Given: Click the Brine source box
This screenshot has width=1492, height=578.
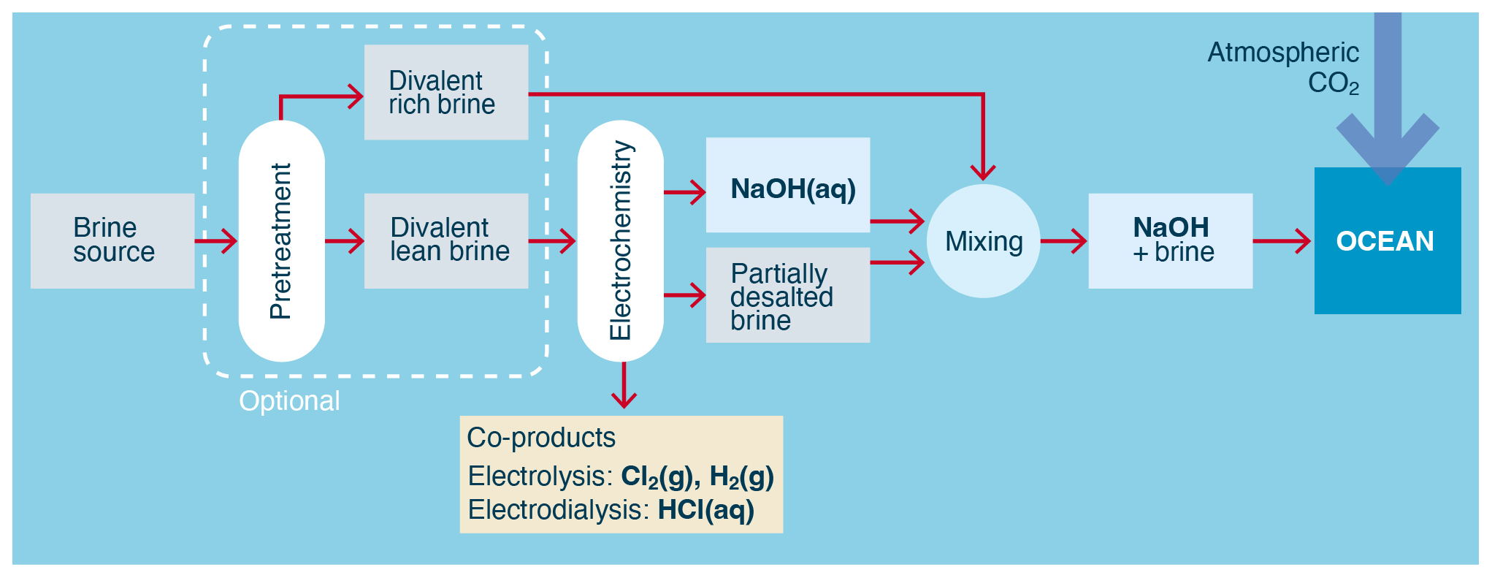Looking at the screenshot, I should [112, 240].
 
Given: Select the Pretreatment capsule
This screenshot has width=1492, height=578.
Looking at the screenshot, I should [281, 240].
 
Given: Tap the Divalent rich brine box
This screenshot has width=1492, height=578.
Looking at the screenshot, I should [445, 92].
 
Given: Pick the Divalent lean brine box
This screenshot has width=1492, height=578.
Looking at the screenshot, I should [445, 240].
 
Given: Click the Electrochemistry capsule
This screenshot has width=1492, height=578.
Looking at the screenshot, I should [620, 240].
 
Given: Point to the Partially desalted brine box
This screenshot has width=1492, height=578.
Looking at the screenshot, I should [787, 295].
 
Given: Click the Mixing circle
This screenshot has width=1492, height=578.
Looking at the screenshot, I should [983, 240].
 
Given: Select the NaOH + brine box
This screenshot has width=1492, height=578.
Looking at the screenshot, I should [1170, 240].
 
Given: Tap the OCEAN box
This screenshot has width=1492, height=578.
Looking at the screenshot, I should [1387, 241].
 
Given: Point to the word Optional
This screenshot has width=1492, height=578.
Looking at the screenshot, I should [289, 400].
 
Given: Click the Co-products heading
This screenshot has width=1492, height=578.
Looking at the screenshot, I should [541, 437].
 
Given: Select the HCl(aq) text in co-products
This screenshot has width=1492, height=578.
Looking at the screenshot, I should [705, 509].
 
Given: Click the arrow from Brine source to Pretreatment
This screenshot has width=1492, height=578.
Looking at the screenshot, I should [217, 240].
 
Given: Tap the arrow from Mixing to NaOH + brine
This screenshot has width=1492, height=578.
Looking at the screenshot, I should [1064, 240].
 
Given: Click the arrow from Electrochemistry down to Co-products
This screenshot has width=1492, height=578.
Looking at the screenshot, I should [624, 386].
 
